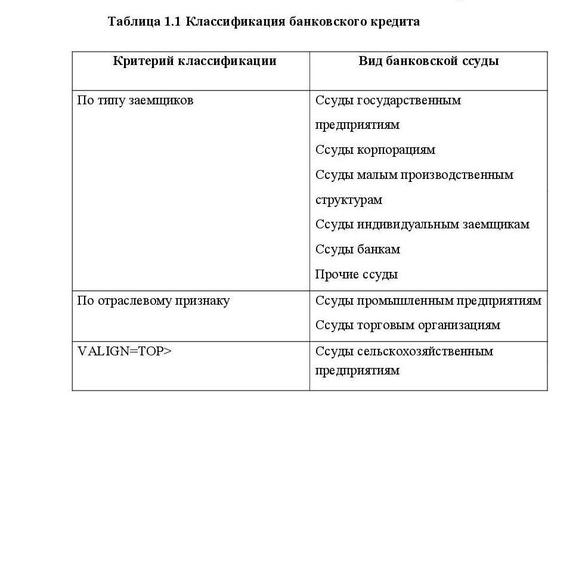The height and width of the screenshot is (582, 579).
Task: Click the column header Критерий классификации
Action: click(x=194, y=61)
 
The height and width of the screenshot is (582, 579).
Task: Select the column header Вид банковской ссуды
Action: click(x=428, y=61)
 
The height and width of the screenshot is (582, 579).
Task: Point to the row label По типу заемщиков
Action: click(x=135, y=100)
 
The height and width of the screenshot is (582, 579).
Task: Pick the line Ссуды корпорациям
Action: click(x=375, y=150)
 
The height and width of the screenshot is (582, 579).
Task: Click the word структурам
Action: click(x=348, y=200)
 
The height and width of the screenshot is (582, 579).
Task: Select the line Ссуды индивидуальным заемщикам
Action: click(x=422, y=225)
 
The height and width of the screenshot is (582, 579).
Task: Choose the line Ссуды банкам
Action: click(x=357, y=249)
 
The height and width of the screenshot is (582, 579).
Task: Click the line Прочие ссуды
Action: click(x=356, y=274)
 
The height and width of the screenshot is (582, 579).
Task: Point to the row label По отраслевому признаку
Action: click(x=153, y=301)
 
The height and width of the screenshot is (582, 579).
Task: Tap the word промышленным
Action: click(x=405, y=301)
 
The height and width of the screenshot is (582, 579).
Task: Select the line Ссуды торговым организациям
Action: click(x=407, y=325)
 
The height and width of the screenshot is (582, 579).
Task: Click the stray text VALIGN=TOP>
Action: click(x=124, y=351)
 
